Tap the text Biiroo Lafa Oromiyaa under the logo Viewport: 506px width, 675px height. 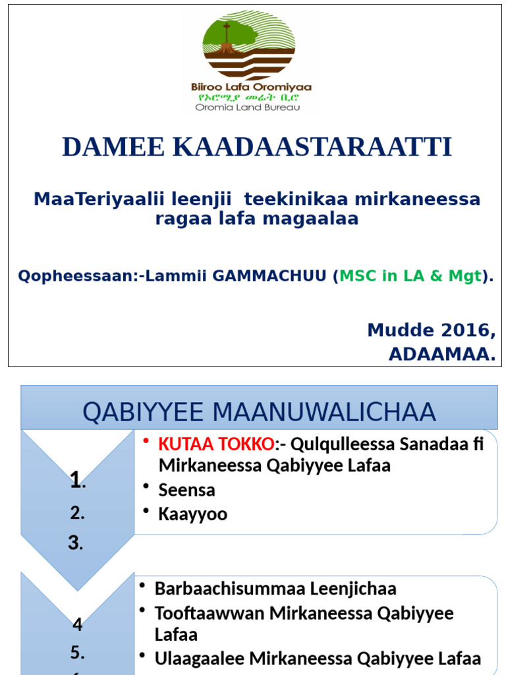coord(251,87)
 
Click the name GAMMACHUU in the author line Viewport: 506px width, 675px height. coord(271,276)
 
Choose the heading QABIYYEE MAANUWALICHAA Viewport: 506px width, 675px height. coord(259,412)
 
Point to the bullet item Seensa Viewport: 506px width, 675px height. coord(186,490)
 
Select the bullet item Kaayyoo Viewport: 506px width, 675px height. coord(192,514)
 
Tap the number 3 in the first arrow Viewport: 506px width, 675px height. coord(76,543)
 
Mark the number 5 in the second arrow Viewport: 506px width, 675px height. coord(77,653)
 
